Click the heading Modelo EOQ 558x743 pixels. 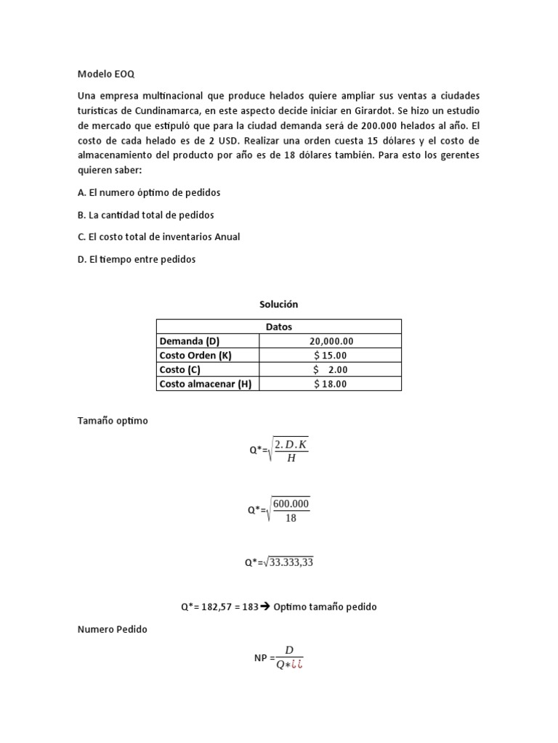pyautogui.click(x=105, y=73)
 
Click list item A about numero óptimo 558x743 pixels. pyautogui.click(x=148, y=192)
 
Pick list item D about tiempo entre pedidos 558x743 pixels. pyautogui.click(x=136, y=259)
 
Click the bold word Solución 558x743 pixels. pyautogui.click(x=279, y=305)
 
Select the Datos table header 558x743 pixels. pyautogui.click(x=279, y=327)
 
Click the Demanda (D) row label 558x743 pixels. pyautogui.click(x=189, y=341)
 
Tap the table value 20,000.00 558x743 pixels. pyautogui.click(x=331, y=341)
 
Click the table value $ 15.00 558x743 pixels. pyautogui.click(x=331, y=355)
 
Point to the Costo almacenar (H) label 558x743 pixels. pyautogui.click(x=205, y=384)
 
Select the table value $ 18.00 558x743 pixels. pyautogui.click(x=331, y=384)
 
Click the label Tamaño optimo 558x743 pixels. pyautogui.click(x=112, y=421)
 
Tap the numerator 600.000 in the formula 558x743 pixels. pyautogui.click(x=292, y=504)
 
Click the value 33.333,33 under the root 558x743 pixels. pyautogui.click(x=291, y=562)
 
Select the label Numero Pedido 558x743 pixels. pyautogui.click(x=112, y=629)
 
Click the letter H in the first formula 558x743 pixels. pyautogui.click(x=292, y=458)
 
